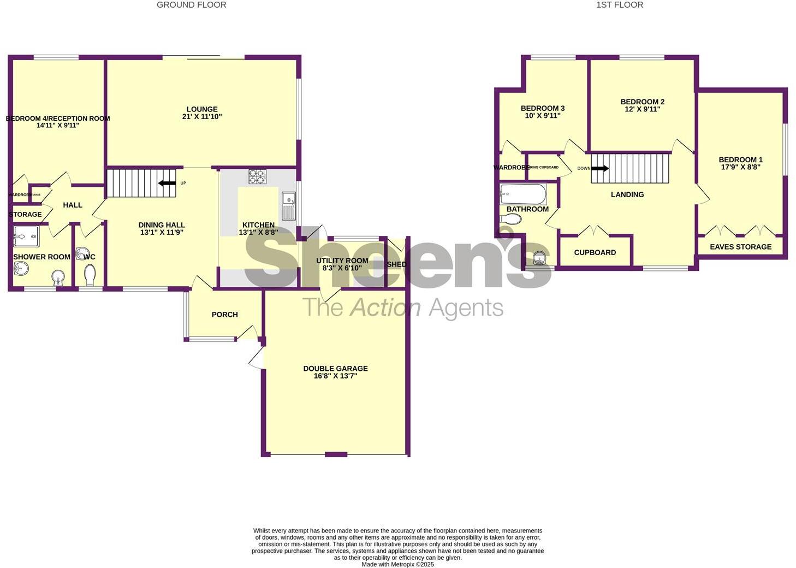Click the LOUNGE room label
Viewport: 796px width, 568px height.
[x=202, y=109]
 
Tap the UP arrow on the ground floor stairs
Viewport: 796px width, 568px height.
[x=167, y=183]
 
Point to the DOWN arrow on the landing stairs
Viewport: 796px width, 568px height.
[x=599, y=168]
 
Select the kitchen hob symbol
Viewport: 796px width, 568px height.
[x=258, y=176]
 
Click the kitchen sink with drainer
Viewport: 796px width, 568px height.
[x=289, y=206]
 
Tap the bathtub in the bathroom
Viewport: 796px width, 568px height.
[x=523, y=193]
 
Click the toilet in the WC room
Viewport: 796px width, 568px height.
[x=91, y=275]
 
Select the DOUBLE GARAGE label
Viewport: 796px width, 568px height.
[x=335, y=369]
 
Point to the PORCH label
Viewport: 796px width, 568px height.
[x=224, y=315]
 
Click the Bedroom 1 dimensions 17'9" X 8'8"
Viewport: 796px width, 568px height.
[x=740, y=167]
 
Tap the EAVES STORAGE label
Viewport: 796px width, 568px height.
[x=740, y=247]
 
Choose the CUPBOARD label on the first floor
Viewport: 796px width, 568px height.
[x=595, y=252]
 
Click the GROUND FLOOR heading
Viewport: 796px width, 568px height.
[x=191, y=5]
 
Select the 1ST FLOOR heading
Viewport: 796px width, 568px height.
[x=619, y=5]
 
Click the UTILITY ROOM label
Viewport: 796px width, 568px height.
[x=342, y=261]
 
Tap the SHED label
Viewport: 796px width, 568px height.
[x=396, y=264]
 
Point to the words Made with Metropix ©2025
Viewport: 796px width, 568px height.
[x=397, y=564]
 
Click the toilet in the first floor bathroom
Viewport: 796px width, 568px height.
[x=512, y=219]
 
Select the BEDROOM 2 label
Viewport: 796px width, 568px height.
[x=642, y=102]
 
